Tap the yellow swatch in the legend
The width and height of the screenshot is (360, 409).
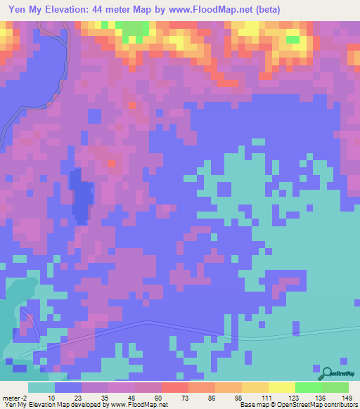(x=281, y=387)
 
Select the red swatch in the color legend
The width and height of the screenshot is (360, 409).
(x=174, y=387)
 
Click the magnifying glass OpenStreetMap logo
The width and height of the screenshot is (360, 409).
(x=328, y=372)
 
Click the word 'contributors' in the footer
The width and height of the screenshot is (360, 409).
(x=340, y=405)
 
